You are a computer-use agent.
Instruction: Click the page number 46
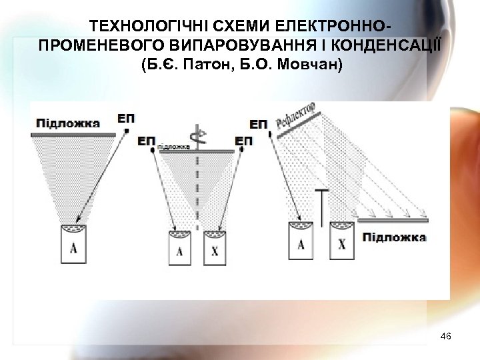click(x=446, y=338)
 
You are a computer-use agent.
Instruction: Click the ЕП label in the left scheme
click(x=125, y=119)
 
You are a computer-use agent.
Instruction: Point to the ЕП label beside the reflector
click(x=258, y=124)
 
